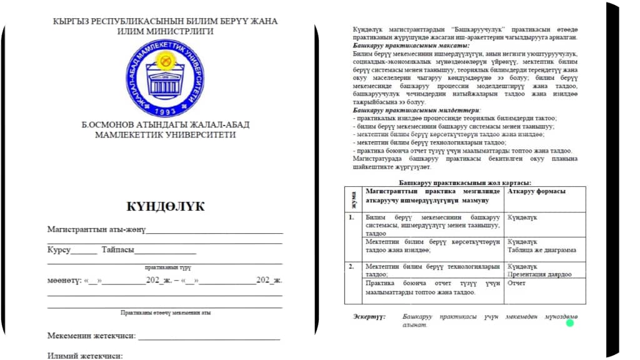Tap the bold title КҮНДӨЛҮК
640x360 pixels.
(165, 207)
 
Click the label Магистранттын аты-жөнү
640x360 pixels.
(96, 230)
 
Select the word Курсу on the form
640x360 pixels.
(59, 250)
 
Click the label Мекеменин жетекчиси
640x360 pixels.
(91, 336)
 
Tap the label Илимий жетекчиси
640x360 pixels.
(85, 356)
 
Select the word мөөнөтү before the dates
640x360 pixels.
(63, 279)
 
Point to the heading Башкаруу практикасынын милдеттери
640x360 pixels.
(406, 111)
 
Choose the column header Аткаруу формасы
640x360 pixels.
(537, 191)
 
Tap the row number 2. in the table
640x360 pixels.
(351, 266)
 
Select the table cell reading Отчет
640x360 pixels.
(517, 283)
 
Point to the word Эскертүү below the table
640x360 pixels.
(369, 317)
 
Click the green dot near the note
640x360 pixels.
(569, 322)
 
